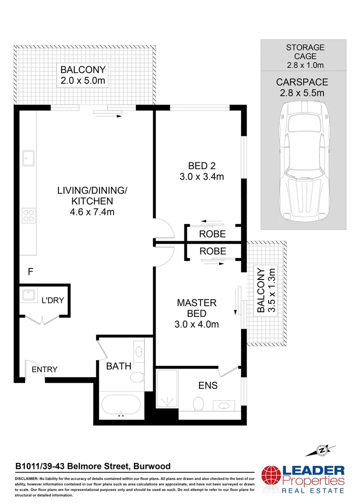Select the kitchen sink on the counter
click(29, 158)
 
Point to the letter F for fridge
click(30, 272)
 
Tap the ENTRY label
click(44, 370)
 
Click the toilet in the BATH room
click(137, 377)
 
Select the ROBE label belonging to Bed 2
click(212, 234)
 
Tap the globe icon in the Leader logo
click(273, 479)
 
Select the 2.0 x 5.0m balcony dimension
click(83, 81)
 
